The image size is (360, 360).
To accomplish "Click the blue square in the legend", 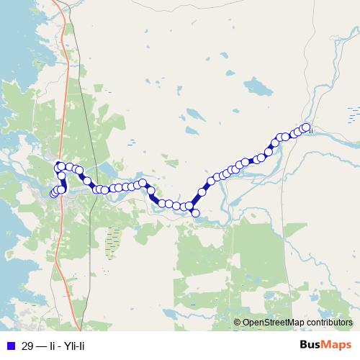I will (10, 346).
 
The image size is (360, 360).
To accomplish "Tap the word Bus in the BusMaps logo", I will (311, 346).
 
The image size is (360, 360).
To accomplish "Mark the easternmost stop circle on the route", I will (305, 127).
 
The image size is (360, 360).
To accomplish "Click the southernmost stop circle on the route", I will (195, 213).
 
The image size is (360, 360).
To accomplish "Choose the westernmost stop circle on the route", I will (53, 193).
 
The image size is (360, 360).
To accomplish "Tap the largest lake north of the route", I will (259, 88).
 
